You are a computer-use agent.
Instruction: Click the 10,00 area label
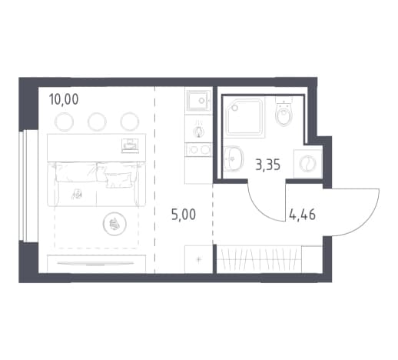point(64,99)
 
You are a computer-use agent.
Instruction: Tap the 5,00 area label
point(184,215)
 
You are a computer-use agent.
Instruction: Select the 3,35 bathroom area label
point(268,165)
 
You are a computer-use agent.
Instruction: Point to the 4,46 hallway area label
point(302,215)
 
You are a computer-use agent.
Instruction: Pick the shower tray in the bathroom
point(245,118)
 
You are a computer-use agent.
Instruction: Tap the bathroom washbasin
point(233,158)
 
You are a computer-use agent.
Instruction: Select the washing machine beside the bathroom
point(308,164)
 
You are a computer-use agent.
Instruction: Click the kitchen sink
point(198,101)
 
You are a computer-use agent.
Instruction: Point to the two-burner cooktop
point(198,150)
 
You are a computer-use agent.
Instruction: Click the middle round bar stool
point(97,122)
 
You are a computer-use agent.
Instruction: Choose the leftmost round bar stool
point(64,122)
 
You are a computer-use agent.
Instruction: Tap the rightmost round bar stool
point(130,122)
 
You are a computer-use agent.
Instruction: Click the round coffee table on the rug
point(114,224)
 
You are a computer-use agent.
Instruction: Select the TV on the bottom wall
point(95,264)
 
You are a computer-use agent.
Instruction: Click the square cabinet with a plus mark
point(198,259)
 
